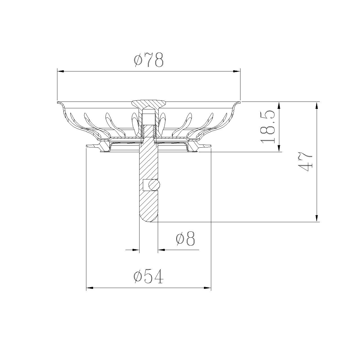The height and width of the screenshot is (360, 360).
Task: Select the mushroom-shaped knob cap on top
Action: [149, 104]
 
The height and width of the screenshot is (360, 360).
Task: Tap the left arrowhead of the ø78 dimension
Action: [61, 71]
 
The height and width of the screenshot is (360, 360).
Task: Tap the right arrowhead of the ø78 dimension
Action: [237, 71]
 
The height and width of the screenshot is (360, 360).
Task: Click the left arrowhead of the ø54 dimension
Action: [89, 288]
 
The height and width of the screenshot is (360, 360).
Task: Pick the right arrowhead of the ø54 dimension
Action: [208, 288]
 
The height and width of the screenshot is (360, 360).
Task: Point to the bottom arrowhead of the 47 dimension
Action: [317, 218]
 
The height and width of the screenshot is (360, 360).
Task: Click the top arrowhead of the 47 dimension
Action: [317, 105]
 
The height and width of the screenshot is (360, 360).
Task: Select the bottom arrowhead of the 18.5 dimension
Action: [279, 148]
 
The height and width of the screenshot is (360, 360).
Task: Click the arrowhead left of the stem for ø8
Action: [136, 249]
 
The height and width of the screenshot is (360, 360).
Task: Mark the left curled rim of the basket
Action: [61, 106]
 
